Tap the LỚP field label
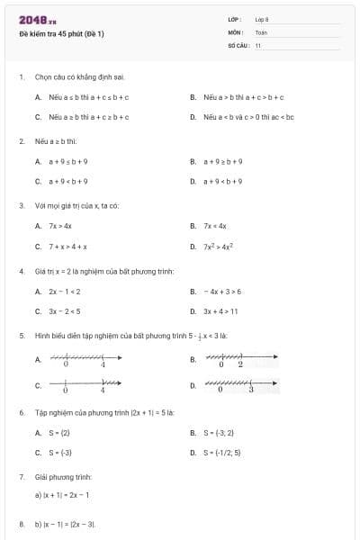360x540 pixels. (235, 19)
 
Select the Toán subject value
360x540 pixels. (261, 31)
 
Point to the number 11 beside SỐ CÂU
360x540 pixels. (258, 44)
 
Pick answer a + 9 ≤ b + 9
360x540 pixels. (67, 161)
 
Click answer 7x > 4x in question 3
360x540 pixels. (60, 226)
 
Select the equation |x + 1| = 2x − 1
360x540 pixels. (65, 495)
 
